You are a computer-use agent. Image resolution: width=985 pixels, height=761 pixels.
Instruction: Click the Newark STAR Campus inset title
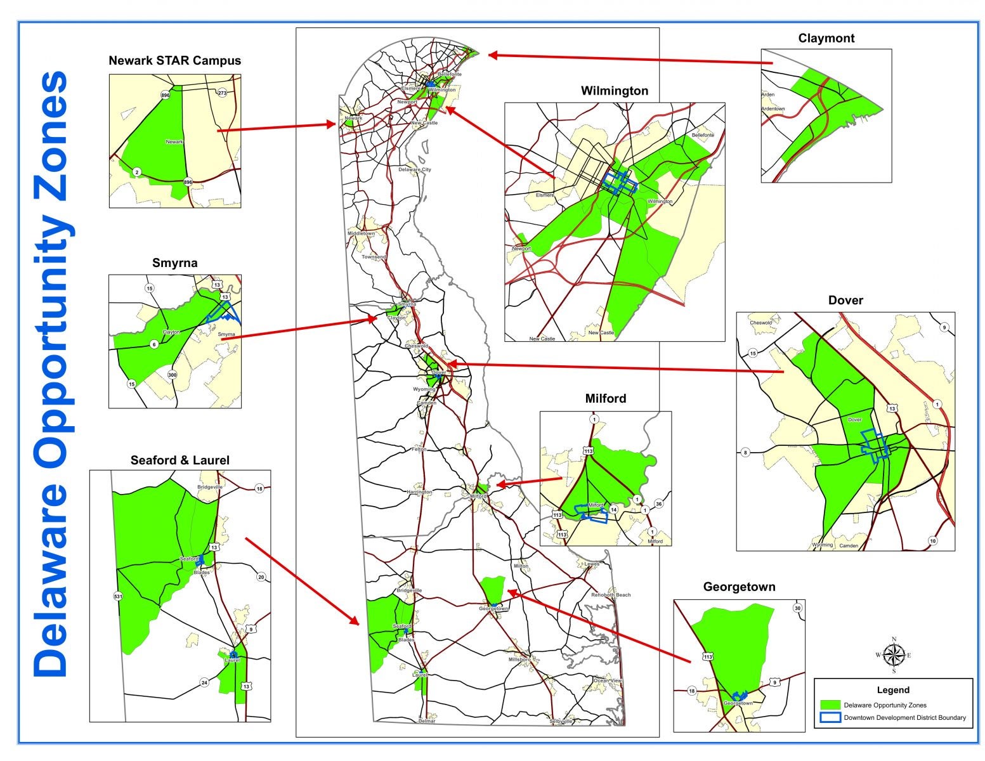[x=174, y=61]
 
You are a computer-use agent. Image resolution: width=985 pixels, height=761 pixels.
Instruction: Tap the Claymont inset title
[x=826, y=38]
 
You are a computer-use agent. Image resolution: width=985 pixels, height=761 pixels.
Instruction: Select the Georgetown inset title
[x=739, y=587]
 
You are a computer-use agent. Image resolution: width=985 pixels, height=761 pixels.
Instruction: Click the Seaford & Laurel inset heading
[x=179, y=460]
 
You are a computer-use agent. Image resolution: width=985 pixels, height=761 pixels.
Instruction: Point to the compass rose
[x=894, y=655]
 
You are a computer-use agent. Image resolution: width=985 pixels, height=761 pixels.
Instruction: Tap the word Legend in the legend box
[x=893, y=690]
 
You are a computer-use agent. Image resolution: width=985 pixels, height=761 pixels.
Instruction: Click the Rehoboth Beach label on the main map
[x=611, y=595]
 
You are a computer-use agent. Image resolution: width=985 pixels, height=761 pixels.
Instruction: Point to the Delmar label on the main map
[x=427, y=721]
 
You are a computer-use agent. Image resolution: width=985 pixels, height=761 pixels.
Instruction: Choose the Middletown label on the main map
[x=361, y=233]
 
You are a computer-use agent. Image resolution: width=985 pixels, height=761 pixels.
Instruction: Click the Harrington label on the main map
[x=419, y=492]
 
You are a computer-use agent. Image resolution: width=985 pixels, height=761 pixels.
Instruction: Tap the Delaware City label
[x=415, y=170]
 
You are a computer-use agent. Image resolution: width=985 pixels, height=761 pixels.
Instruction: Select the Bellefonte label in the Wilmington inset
[x=703, y=135]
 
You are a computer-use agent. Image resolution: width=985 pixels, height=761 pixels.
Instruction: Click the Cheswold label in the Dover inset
[x=761, y=323]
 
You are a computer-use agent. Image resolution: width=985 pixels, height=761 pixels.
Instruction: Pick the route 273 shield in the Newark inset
[x=222, y=93]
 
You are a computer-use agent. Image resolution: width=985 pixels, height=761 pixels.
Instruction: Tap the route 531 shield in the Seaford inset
[x=118, y=596]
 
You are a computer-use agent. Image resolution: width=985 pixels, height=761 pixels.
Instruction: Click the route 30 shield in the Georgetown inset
[x=797, y=608]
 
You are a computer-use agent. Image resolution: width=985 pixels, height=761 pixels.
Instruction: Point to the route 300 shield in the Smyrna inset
[x=172, y=375]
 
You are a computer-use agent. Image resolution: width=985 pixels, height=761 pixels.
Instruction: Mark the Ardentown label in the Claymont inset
[x=773, y=109]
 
